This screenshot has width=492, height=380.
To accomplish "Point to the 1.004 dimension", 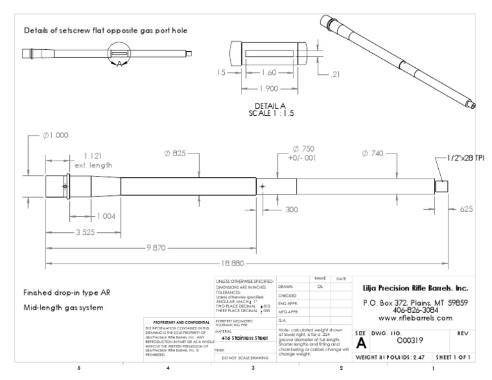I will point(106,216).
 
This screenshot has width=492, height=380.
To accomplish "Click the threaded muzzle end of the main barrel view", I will point(441,186).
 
